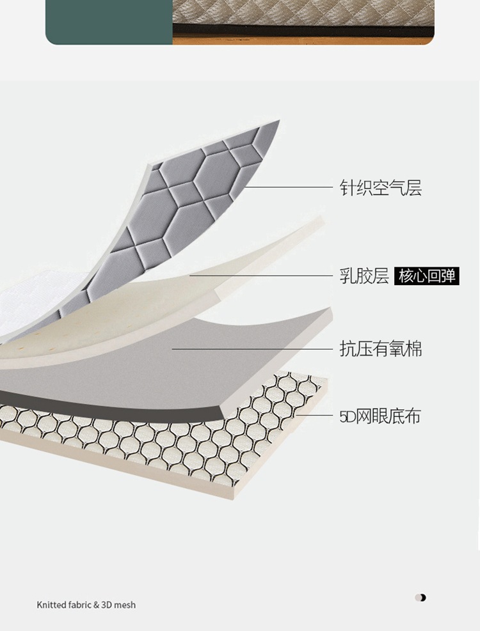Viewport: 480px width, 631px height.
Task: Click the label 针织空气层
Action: pos(380,187)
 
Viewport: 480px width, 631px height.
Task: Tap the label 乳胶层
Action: pos(364,276)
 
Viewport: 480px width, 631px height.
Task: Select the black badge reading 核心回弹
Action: pos(427,276)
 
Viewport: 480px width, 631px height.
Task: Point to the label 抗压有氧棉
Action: pos(380,348)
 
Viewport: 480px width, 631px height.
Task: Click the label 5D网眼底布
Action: pos(380,416)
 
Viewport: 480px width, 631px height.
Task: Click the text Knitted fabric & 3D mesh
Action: pos(86,605)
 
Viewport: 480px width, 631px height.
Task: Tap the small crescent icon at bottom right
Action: pos(420,598)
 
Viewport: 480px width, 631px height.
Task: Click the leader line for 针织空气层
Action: pos(288,187)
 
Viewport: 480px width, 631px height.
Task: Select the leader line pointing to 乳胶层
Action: pos(261,276)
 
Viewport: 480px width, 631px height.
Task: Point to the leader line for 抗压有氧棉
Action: pos(252,349)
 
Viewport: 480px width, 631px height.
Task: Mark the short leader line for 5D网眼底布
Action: pos(314,415)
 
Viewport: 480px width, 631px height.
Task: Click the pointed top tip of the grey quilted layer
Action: pos(279,120)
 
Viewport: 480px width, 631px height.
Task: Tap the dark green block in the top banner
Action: pos(109,22)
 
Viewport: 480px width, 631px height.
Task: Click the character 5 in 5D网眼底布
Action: pos(344,417)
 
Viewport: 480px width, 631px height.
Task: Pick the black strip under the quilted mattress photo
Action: pos(303,29)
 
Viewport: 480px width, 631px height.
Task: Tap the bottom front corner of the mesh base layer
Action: pos(234,499)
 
